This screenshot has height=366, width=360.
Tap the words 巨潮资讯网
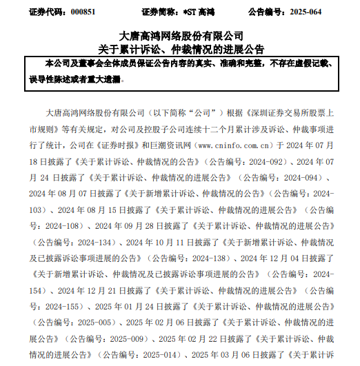tap(173, 145)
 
